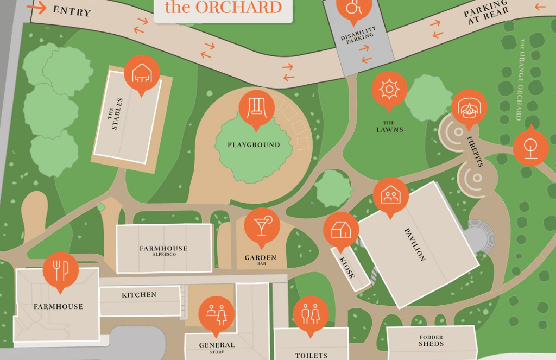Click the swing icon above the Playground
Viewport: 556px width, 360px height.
tap(256, 106)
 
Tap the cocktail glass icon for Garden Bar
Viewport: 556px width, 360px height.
tap(262, 225)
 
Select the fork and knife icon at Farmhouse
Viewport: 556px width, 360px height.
tap(60, 269)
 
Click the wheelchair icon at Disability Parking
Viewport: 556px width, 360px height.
tap(354, 8)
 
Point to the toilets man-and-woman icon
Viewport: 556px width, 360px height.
tap(311, 314)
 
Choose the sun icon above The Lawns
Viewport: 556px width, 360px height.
tap(389, 89)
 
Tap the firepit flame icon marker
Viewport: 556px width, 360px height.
tap(469, 107)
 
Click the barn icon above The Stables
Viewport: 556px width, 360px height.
tap(142, 72)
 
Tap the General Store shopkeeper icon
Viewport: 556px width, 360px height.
tap(216, 313)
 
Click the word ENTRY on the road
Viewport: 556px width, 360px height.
tap(72, 10)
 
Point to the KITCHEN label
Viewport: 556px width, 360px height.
tap(139, 295)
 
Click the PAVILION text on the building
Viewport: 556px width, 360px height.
tap(415, 245)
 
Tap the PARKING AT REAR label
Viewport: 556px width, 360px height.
tap(487, 12)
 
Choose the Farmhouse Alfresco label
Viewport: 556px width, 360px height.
tap(163, 250)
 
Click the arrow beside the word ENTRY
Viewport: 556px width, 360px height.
tap(36, 7)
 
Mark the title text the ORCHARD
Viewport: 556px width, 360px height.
tap(223, 8)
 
